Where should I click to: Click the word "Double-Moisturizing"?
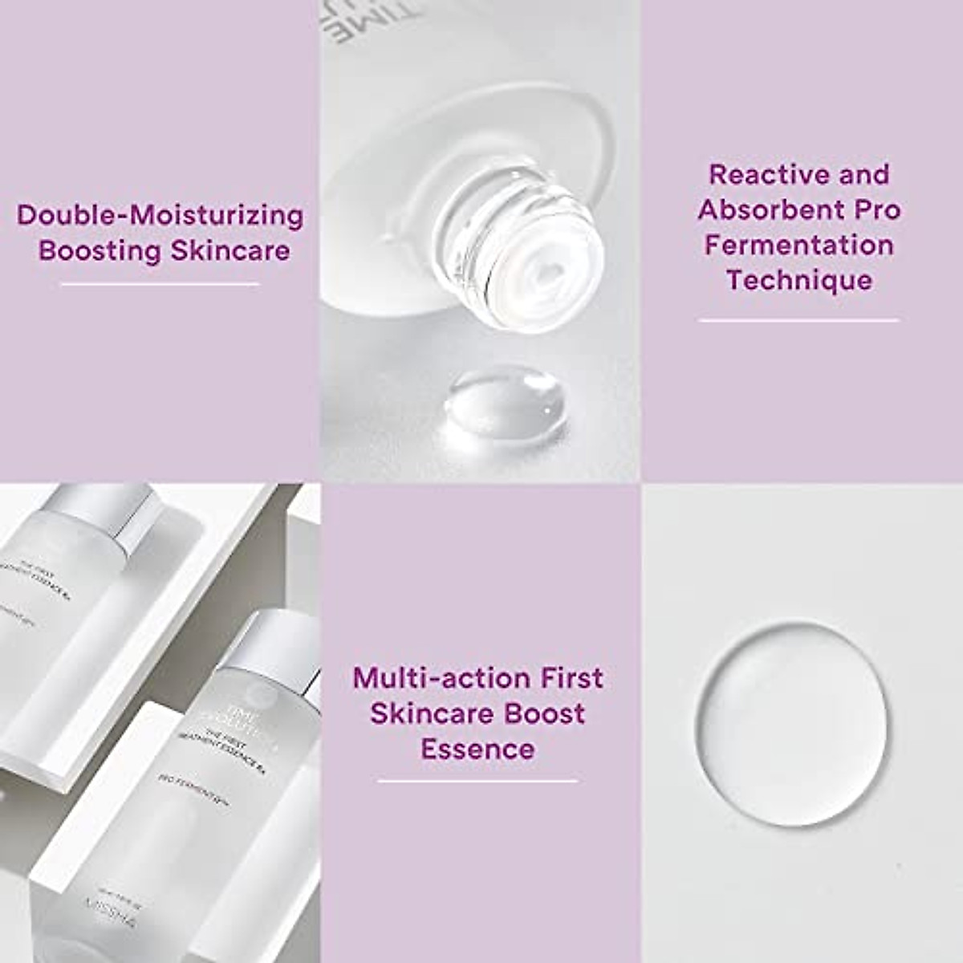tap(160, 215)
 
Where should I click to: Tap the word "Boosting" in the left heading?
tap(100, 250)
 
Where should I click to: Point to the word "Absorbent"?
tap(769, 209)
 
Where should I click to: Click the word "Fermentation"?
tap(799, 245)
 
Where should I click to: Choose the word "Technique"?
tap(799, 280)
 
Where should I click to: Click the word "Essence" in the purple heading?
tap(477, 749)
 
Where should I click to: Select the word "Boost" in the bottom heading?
tap(547, 713)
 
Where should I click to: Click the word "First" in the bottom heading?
tap(571, 678)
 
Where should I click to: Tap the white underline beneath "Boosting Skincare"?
tap(160, 284)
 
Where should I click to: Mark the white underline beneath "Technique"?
tap(798, 320)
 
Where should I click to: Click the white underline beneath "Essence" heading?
tap(477, 780)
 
